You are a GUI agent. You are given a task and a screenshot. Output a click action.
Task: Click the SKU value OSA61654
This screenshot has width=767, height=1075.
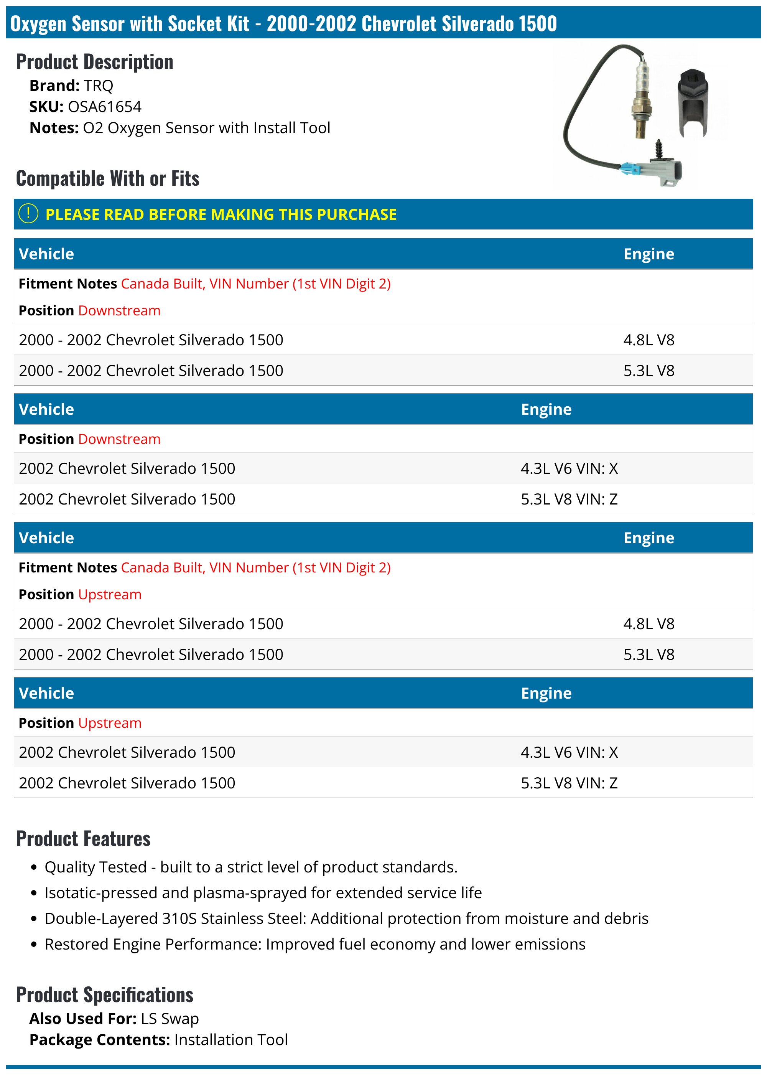pyautogui.click(x=104, y=107)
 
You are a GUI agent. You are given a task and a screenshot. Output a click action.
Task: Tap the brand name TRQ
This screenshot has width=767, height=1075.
pyautogui.click(x=98, y=86)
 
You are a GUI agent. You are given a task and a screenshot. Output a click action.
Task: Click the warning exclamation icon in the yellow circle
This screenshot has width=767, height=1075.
pyautogui.click(x=28, y=214)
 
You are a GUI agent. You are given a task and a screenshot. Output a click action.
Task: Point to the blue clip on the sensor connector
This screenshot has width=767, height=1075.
pyautogui.click(x=628, y=168)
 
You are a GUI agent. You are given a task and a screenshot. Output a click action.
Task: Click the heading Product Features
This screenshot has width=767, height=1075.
pyautogui.click(x=83, y=839)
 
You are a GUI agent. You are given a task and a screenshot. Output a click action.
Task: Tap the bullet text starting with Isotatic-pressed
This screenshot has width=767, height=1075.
pyautogui.click(x=263, y=893)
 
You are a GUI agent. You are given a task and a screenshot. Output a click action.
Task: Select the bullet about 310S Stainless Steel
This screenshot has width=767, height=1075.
pyautogui.click(x=346, y=918)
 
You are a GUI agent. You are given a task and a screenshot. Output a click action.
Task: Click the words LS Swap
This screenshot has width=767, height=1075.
pyautogui.click(x=170, y=1018)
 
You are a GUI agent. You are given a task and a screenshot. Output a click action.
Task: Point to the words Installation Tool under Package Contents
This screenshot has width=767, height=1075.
pyautogui.click(x=230, y=1040)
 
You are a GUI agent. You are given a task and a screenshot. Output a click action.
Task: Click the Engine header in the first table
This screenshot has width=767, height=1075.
pyautogui.click(x=648, y=254)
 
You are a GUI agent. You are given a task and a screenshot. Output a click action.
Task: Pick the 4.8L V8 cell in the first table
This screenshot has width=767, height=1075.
pyautogui.click(x=648, y=340)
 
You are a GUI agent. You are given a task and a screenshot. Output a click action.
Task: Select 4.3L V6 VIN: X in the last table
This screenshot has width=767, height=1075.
pyautogui.click(x=569, y=752)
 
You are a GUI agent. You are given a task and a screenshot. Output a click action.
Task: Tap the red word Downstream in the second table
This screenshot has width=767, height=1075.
pyautogui.click(x=119, y=439)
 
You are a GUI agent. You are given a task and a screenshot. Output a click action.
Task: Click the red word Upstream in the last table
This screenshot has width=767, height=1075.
pyautogui.click(x=110, y=722)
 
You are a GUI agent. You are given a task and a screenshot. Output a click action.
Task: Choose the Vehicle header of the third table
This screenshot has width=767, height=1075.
pyautogui.click(x=46, y=538)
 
